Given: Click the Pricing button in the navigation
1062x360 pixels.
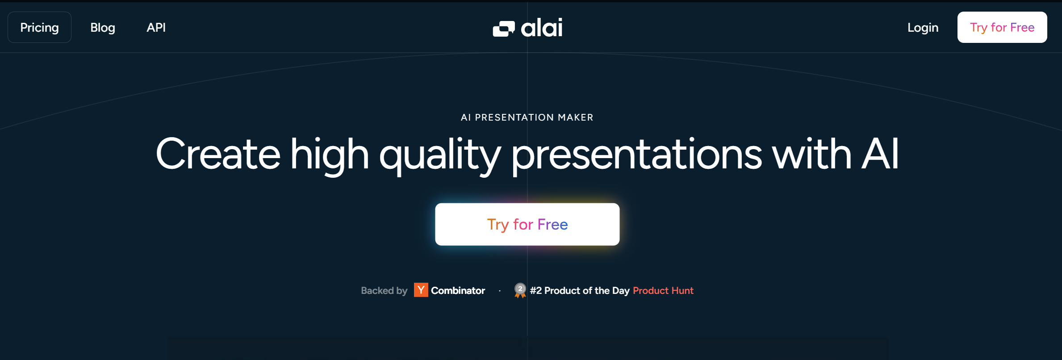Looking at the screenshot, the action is pos(39,27).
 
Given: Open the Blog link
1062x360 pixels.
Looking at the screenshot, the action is pos(103,28).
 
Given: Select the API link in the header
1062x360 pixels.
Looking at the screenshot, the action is pos(156,28).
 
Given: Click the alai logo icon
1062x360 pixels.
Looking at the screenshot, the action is pos(504,29).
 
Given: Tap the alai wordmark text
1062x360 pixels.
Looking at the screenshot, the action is pos(542,28).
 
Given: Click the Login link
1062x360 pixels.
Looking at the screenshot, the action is pos(923,28).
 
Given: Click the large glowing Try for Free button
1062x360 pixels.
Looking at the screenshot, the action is pos(527,224).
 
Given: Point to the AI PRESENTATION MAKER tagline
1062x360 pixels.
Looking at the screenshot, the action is pos(527,117).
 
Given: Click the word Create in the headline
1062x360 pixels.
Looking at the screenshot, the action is pos(218,154).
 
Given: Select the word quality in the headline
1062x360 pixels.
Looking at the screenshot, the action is pos(440,155).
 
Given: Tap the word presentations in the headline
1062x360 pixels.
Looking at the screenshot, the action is pos(636,155).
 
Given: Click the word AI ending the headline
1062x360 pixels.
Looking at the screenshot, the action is pos(880,154).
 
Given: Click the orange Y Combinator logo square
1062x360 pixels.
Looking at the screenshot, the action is pos(421,290).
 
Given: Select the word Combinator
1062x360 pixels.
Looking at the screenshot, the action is pos(458,291).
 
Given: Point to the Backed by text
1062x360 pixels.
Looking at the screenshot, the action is pos(384,291).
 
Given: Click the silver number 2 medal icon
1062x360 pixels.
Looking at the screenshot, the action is pos(520,290).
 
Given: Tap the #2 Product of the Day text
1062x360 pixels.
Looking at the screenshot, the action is pos(580,291).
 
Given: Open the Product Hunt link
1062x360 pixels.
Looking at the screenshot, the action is pos(663,291).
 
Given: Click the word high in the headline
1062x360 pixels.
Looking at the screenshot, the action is pos(330,155).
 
